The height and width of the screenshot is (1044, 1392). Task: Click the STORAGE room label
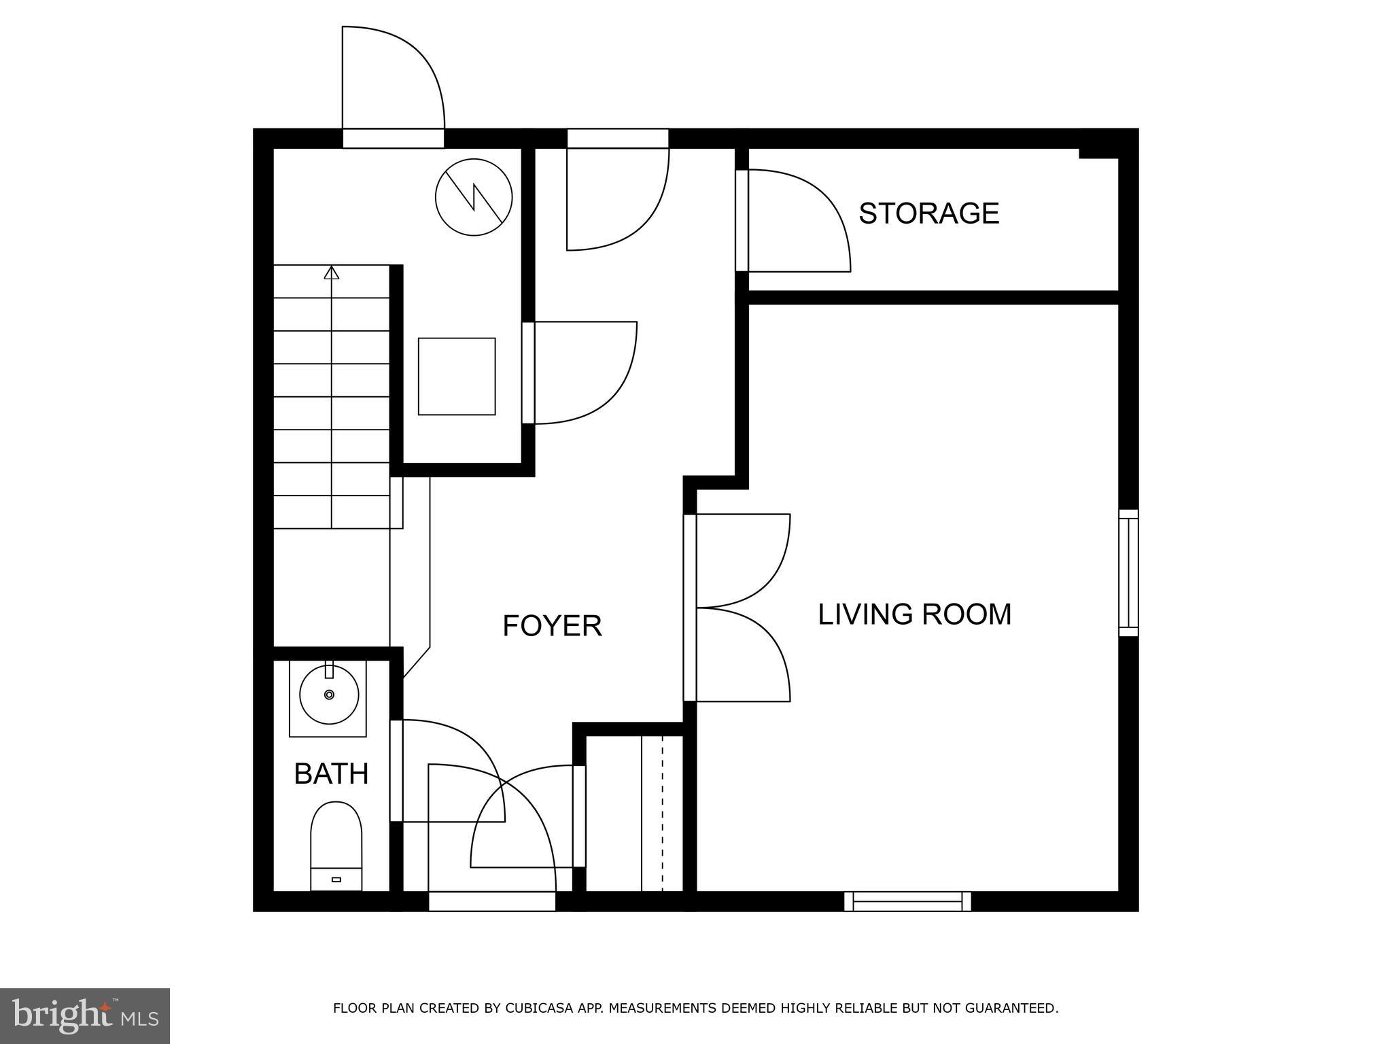[x=928, y=213]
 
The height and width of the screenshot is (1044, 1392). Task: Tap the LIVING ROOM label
[x=914, y=614]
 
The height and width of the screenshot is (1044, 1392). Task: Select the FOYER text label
[x=552, y=626]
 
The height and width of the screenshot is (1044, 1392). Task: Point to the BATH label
[x=331, y=773]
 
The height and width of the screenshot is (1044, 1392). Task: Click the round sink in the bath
[x=329, y=695]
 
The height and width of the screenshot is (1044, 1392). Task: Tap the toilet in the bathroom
[x=336, y=846]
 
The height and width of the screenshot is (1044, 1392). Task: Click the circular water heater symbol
[x=474, y=197]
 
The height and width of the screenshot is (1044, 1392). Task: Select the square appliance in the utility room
[x=457, y=376]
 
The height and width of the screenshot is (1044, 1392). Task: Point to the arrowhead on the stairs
[x=332, y=272]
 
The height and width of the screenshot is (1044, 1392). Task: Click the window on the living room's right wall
[x=1128, y=573]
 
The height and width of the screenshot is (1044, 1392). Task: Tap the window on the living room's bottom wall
[x=907, y=901]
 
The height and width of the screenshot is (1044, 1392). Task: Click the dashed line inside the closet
[x=663, y=813]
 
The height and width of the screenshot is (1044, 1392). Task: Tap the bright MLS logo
[x=85, y=1015]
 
